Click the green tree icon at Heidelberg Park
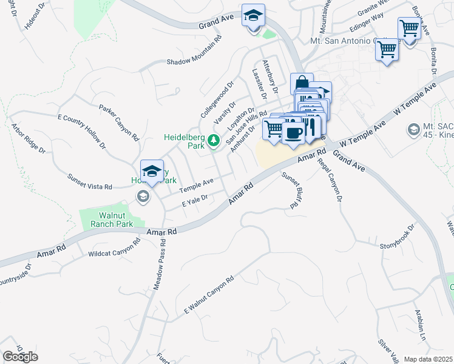pos(213,141)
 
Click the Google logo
pos(20,357)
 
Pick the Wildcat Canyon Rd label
pos(114,246)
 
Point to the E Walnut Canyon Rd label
pos(209,296)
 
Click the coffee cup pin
pos(294,134)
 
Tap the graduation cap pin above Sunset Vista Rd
pos(152,171)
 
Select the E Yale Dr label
pos(195,201)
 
